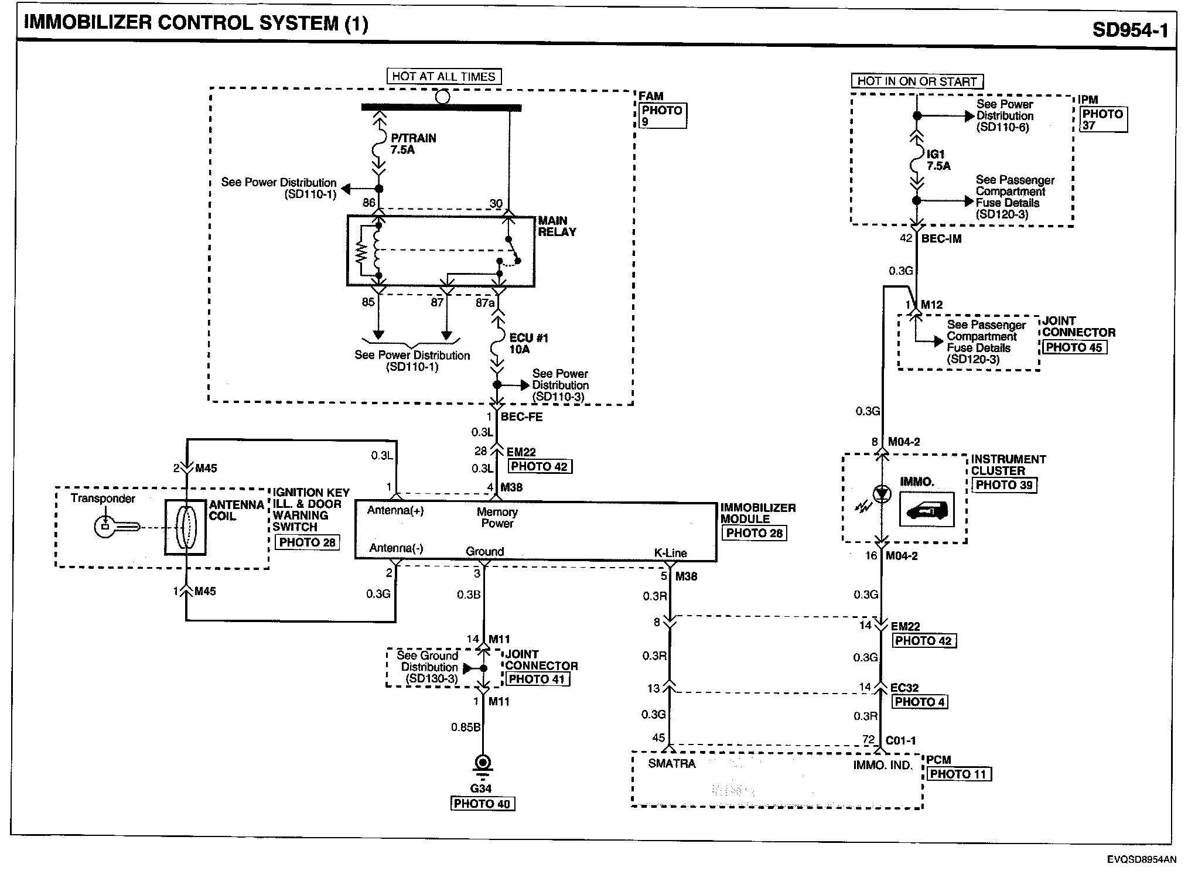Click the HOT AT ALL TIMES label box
click(443, 77)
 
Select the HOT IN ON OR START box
click(917, 81)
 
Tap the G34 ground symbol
click(483, 764)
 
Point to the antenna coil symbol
click(185, 527)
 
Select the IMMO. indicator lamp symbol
click(882, 494)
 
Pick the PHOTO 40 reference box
click(482, 804)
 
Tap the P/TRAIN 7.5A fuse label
click(412, 144)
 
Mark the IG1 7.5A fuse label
click(938, 160)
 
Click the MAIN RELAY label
click(557, 226)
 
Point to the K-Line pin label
click(670, 552)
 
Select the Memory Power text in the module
click(497, 517)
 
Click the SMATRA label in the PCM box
click(672, 764)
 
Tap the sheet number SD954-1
click(1129, 29)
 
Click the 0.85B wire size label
click(466, 728)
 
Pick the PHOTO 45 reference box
click(1073, 347)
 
